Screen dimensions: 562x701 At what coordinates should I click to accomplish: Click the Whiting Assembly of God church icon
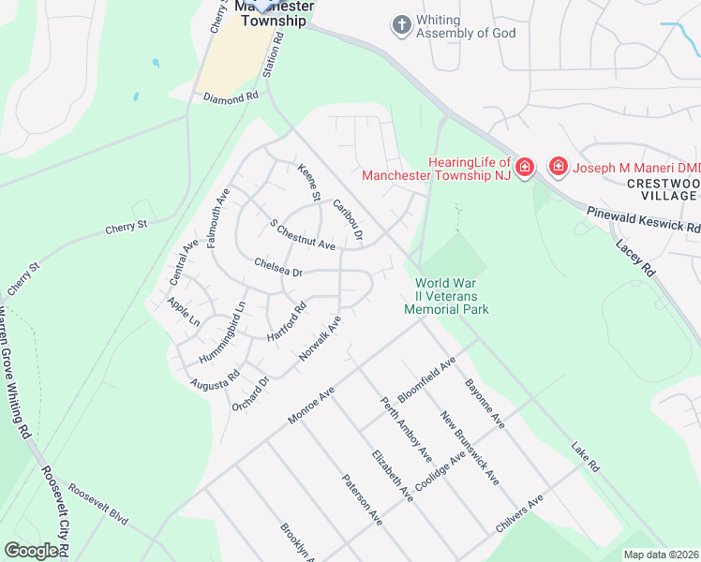402,25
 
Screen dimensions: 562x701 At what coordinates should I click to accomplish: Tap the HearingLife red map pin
524,168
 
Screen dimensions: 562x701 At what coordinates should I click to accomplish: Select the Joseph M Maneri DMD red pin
559,168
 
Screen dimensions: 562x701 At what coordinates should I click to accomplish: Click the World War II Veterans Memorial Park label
446,296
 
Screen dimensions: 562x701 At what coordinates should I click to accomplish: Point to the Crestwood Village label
663,188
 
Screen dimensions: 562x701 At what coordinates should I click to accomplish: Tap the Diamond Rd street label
230,97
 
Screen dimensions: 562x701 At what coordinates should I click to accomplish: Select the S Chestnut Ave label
302,235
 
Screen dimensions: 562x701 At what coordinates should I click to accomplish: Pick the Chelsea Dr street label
278,267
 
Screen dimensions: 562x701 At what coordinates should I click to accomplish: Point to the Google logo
32,551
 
